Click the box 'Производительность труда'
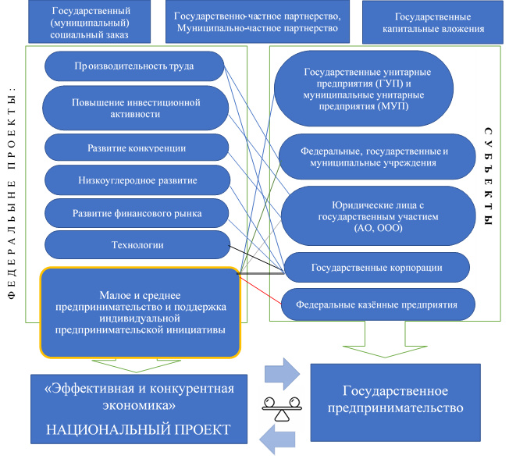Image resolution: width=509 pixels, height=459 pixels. [x=134, y=66]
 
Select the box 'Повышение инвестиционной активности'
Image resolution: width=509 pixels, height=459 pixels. [x=137, y=108]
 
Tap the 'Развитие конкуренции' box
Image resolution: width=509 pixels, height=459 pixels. [x=137, y=148]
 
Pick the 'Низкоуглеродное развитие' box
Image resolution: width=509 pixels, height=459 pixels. [x=137, y=180]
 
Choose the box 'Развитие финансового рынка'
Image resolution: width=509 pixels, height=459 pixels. [x=137, y=213]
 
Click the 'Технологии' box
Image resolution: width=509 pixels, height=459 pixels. [x=137, y=246]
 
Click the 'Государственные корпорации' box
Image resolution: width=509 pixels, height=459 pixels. [x=376, y=268]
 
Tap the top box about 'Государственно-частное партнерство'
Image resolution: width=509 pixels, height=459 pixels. [x=258, y=22]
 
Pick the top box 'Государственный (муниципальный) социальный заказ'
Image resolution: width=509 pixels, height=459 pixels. [x=90, y=22]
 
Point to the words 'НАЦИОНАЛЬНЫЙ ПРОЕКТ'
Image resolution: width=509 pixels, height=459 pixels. [x=139, y=430]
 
